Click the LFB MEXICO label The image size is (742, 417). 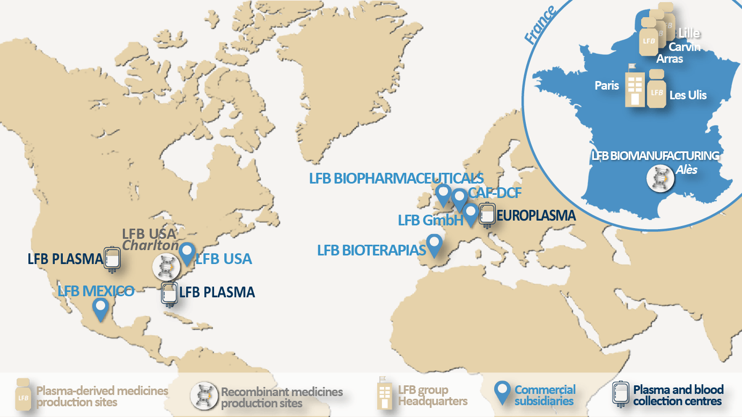(96, 291)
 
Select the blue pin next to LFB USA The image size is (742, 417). (187, 253)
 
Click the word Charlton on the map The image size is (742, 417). (151, 245)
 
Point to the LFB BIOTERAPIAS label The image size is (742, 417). (371, 250)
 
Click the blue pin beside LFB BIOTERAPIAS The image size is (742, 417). (434, 245)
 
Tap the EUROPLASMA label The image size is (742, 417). (536, 216)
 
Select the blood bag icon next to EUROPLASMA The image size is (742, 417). (487, 214)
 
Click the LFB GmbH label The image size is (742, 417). (430, 220)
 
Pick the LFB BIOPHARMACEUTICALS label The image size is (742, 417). (396, 179)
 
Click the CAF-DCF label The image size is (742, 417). (495, 193)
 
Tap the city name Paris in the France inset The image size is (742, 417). (607, 85)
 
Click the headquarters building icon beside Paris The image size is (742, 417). (635, 85)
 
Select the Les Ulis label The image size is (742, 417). (688, 95)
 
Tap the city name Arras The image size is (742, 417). (670, 58)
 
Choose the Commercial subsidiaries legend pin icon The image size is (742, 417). (502, 393)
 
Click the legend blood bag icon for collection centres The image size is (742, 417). (621, 394)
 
